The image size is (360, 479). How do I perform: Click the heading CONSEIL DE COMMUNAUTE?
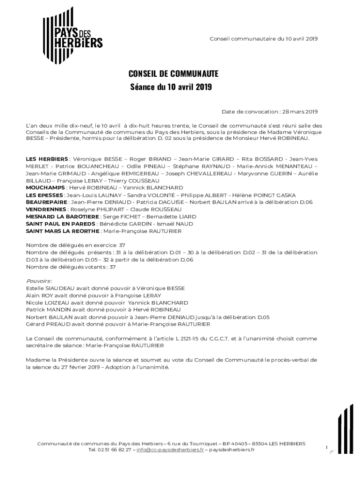click(x=173, y=74)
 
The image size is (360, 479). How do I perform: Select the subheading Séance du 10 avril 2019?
click(x=171, y=87)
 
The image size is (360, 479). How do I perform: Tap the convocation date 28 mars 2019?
click(x=300, y=111)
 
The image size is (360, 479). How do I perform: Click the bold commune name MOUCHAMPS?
click(x=45, y=188)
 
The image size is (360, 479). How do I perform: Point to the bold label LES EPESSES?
click(x=45, y=195)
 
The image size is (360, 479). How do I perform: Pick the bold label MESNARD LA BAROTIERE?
click(x=62, y=217)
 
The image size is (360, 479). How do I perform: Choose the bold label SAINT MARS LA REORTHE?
click(x=63, y=231)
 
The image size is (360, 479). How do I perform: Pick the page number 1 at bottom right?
click(x=326, y=448)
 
